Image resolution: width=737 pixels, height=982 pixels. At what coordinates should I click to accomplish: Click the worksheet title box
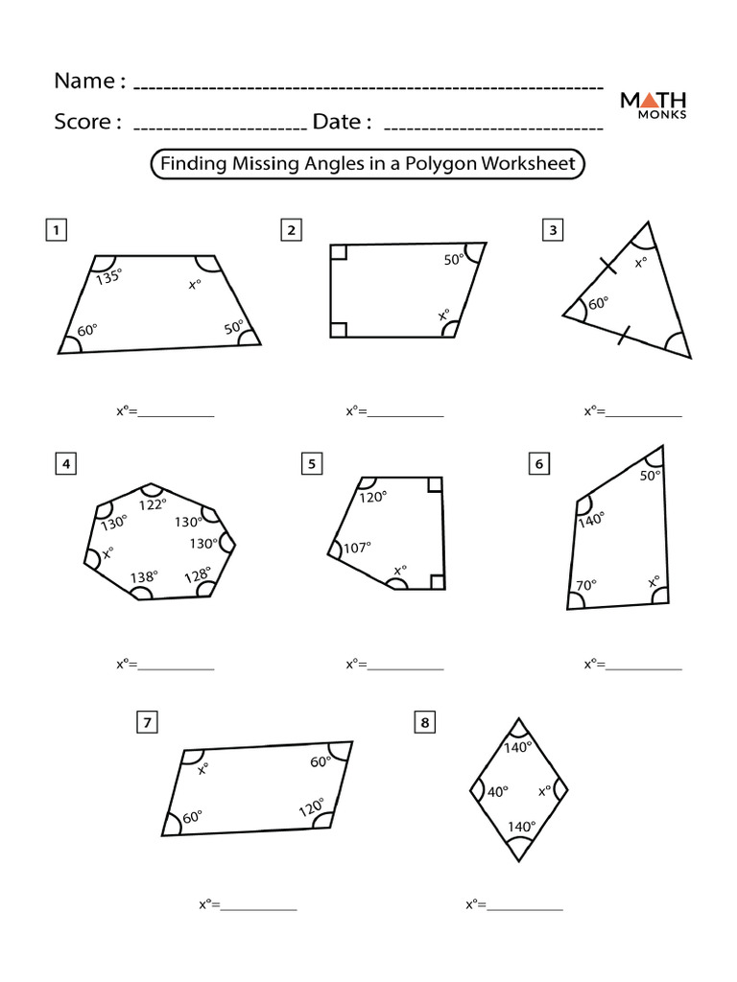point(368,164)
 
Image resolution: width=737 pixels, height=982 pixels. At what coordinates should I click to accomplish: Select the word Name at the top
point(84,82)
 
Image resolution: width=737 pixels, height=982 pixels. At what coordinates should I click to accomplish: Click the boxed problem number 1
point(58,229)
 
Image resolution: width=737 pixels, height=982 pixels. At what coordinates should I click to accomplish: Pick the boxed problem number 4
point(65,465)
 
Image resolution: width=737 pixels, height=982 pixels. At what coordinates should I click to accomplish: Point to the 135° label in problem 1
point(109,277)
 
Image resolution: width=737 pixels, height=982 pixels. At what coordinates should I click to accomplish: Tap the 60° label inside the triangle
point(598,304)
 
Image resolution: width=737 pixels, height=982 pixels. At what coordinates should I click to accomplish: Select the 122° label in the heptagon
point(153,503)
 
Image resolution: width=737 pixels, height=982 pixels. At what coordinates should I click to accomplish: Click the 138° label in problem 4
point(144,576)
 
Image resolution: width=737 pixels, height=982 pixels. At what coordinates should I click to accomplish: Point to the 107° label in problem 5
point(357,548)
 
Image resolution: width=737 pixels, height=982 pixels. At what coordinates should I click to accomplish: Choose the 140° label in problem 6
point(591,519)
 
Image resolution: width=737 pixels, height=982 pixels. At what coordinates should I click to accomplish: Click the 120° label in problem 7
point(311,808)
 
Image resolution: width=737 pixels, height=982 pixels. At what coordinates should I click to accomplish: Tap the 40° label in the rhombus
point(497,792)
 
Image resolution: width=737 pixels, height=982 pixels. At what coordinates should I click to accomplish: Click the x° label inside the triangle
point(640,262)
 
